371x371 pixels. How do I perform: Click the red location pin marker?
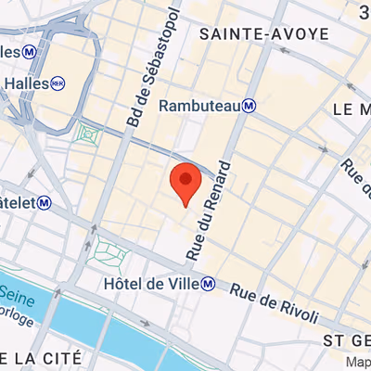pos(185,180)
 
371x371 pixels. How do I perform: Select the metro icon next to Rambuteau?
pos(249,107)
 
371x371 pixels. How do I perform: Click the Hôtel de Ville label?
pos(152,283)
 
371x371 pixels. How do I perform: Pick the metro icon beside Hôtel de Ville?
pos(210,283)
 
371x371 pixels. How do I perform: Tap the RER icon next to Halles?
pos(58,83)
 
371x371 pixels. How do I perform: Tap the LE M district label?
pos(352,109)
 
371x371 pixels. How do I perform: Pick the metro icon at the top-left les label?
pos(31,50)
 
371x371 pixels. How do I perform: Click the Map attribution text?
pos(356,363)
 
